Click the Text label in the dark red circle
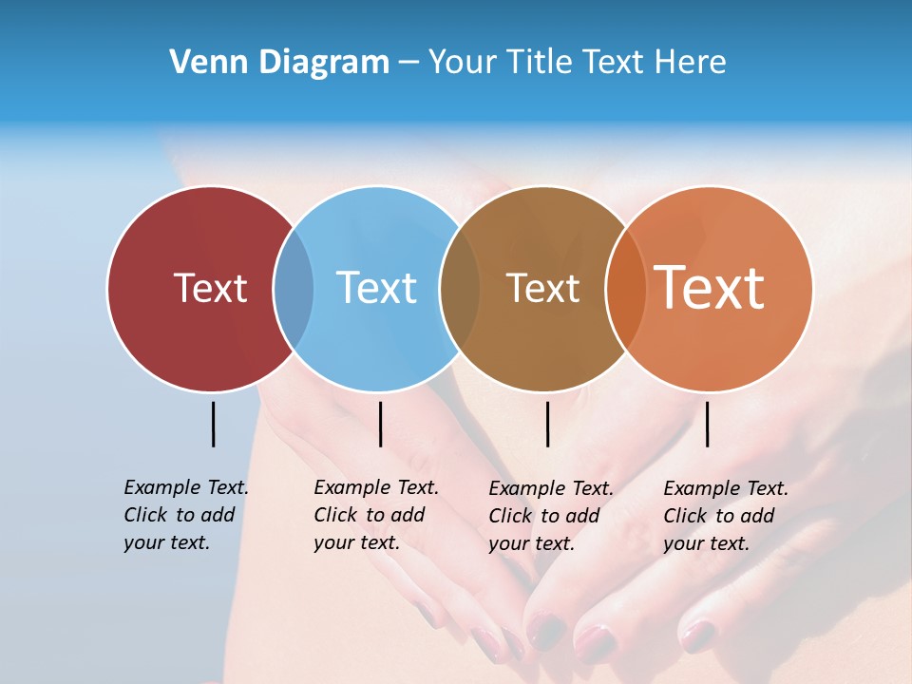210,288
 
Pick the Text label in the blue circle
376,288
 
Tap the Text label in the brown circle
542,288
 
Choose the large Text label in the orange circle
709,288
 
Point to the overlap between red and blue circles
294,288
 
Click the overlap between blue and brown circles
460,288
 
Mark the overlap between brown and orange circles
625,288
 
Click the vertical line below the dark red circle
213,424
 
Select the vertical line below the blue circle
380,424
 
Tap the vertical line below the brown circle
547,424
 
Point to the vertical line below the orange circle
707,424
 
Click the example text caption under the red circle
185,515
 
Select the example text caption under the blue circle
375,515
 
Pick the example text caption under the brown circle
550,516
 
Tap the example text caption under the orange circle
725,516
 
